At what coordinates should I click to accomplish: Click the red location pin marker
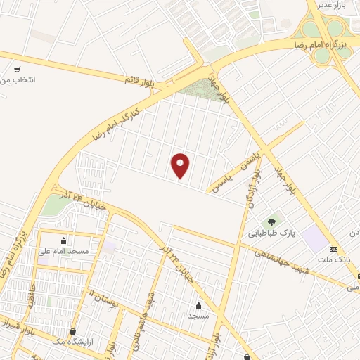click(181, 165)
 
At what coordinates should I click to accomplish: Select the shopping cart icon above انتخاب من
click(16, 70)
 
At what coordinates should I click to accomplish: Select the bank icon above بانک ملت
click(333, 249)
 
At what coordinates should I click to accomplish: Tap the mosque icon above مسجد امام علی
click(64, 240)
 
